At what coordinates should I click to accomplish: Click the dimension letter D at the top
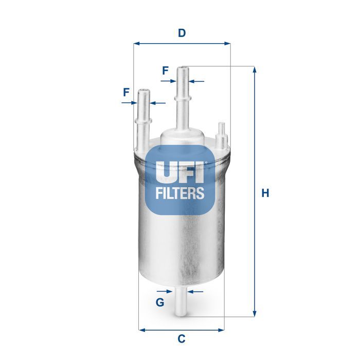click(x=181, y=33)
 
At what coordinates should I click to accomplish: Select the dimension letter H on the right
click(x=265, y=193)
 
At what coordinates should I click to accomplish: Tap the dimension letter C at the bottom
click(x=181, y=339)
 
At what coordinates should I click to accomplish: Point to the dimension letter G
click(x=160, y=302)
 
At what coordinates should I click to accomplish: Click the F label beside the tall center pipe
click(x=165, y=71)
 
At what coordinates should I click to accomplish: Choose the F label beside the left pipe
click(x=126, y=93)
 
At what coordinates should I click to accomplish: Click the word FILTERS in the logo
click(x=180, y=193)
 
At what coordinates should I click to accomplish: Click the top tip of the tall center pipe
click(x=182, y=68)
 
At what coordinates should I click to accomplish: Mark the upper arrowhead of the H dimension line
click(x=254, y=69)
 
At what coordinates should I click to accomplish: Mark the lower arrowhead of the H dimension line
click(x=254, y=314)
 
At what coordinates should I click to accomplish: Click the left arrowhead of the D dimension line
click(x=136, y=44)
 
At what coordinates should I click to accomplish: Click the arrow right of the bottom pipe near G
click(x=191, y=292)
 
